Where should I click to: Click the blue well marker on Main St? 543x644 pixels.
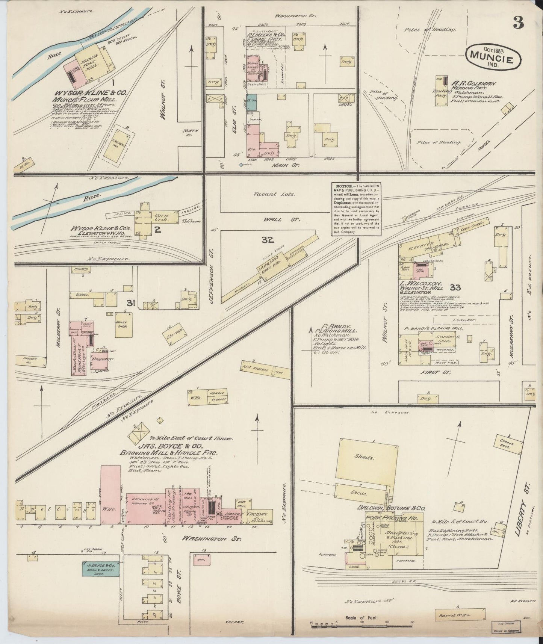point(241,165)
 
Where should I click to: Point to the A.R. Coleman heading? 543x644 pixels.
point(475,84)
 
